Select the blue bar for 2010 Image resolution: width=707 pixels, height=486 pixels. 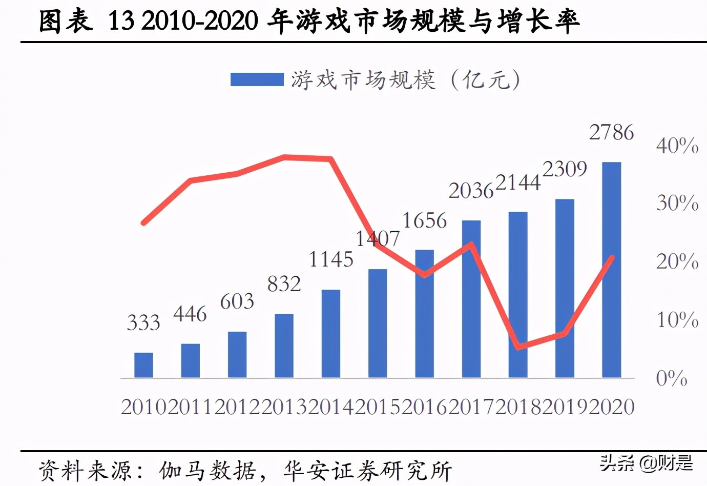[x=143, y=366]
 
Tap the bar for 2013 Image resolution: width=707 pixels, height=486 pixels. [x=284, y=346]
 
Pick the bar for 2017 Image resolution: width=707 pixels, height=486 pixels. [x=471, y=299]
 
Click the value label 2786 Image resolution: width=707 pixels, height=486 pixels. [x=611, y=132]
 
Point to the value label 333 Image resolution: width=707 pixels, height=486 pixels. [x=143, y=323]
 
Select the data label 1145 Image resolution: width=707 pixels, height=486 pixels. [x=331, y=260]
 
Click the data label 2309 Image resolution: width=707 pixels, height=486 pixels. [x=565, y=169]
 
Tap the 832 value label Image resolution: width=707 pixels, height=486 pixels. [x=284, y=284]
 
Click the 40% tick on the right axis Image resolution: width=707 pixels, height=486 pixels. [x=677, y=146]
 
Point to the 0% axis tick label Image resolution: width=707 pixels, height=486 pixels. [x=671, y=378]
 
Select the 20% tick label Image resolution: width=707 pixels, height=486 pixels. [x=677, y=261]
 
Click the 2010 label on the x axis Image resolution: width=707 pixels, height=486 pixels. [x=144, y=407]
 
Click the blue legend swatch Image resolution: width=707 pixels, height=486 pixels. [x=257, y=79]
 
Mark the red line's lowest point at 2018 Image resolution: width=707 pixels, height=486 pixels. [x=518, y=347]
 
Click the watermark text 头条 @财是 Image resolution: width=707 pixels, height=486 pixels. [x=646, y=463]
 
